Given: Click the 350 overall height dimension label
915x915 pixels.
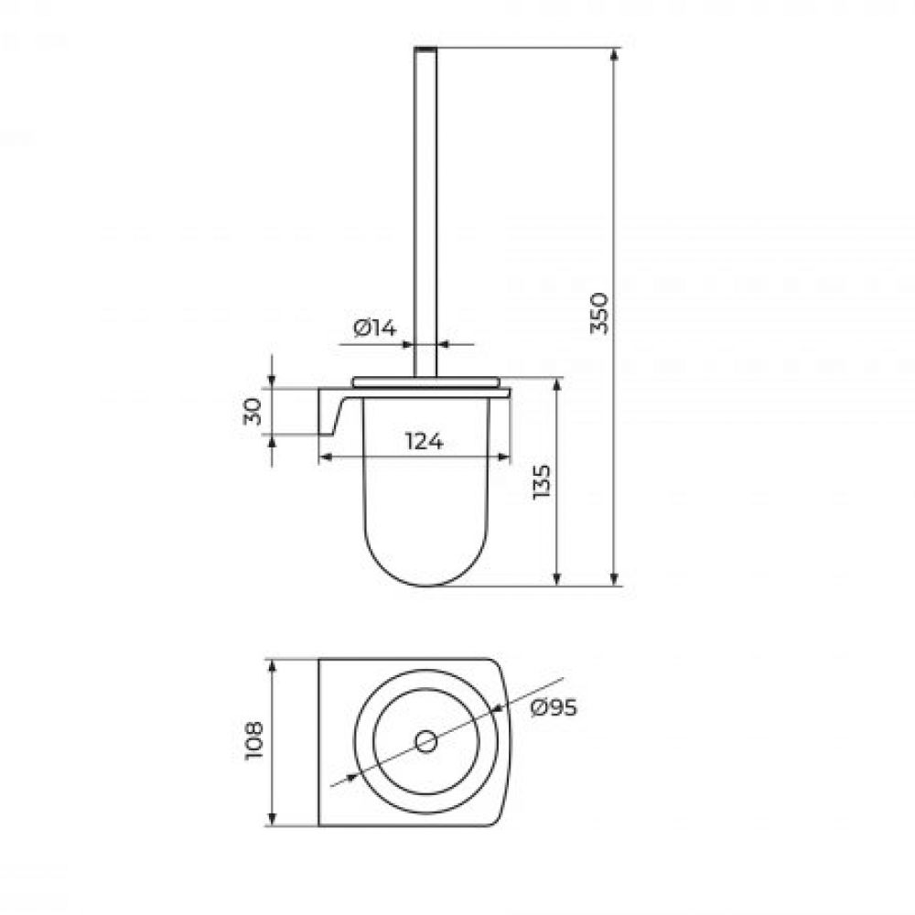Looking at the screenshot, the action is point(600,313).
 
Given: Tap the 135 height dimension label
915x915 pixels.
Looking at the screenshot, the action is point(542,481).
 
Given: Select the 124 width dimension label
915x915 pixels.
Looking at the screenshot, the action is point(425,442).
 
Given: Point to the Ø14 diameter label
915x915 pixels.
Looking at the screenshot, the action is point(374,328).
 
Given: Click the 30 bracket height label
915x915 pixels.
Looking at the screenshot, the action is point(253,412).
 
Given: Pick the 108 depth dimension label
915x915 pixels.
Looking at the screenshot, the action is point(254,740).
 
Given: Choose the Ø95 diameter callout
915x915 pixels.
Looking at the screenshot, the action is point(554,708).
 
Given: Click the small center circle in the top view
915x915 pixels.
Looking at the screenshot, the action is point(426,742).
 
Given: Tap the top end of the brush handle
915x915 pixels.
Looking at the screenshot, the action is point(425,48).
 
